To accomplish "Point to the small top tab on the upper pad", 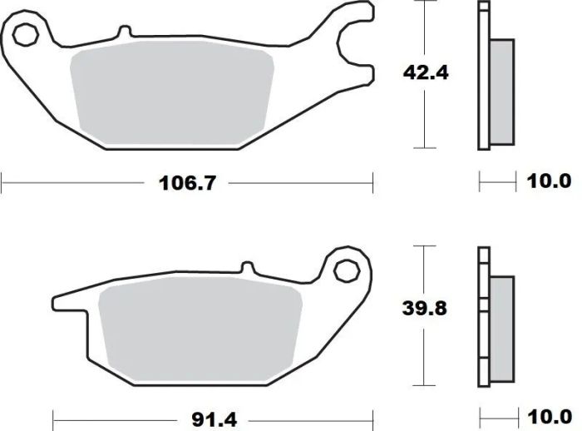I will click(125, 32).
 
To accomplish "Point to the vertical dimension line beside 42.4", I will click(425, 116).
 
